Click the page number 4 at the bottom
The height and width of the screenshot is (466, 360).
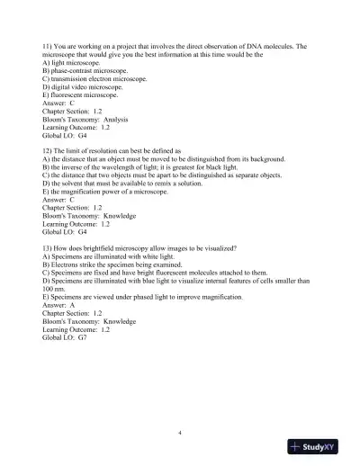point(180,434)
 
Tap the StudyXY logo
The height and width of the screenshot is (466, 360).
point(319,447)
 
